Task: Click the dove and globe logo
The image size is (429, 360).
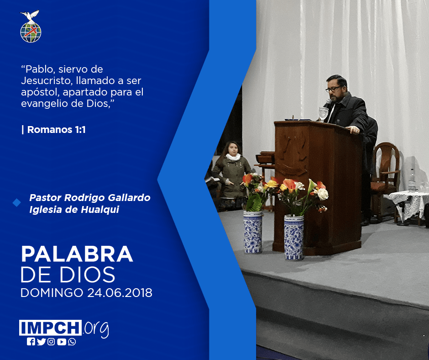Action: [x=31, y=26]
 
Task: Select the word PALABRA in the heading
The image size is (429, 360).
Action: [x=77, y=254]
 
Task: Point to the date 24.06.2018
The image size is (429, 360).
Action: [x=120, y=292]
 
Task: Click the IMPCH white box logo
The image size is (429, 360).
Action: [x=50, y=328]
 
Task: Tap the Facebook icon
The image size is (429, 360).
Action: [x=31, y=342]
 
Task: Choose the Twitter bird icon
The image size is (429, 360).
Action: [x=41, y=342]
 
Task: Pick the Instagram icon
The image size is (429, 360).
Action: [x=51, y=342]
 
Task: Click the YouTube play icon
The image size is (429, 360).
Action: [x=62, y=342]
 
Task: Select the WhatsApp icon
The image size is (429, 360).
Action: [x=72, y=342]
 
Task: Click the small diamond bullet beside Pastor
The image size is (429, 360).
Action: [x=17, y=203]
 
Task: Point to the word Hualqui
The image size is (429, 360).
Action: [x=100, y=210]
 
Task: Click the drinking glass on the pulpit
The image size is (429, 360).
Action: [x=324, y=114]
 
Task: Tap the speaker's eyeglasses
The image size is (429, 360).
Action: [x=333, y=89]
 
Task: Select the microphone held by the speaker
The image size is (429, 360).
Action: [x=328, y=103]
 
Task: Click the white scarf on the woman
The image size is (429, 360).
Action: [x=233, y=157]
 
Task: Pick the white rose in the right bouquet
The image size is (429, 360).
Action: [x=323, y=194]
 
